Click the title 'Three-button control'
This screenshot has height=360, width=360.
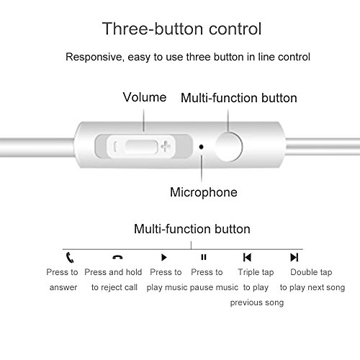coord(181,29)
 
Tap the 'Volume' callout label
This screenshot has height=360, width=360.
coord(145,97)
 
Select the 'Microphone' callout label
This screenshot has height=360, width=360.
coord(204,192)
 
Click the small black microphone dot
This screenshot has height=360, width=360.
coord(202,147)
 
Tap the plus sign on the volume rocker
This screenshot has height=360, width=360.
coord(166,146)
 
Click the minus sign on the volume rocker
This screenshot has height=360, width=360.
coord(115,146)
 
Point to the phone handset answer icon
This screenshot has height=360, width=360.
coord(70,258)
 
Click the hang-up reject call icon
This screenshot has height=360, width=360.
coord(117,257)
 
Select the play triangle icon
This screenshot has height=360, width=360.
coord(164,257)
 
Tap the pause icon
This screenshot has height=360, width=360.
coord(204,257)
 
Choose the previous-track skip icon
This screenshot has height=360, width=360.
coord(247,257)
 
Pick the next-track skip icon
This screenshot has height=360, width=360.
coord(294,257)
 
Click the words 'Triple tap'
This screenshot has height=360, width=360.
coord(256,272)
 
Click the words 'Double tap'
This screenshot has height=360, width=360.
coord(311,272)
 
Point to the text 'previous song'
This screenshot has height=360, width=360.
coord(257,302)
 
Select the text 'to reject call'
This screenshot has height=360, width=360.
coord(114,287)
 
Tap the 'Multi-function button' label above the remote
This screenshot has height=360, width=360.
coord(239,98)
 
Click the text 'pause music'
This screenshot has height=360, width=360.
coord(214,287)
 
